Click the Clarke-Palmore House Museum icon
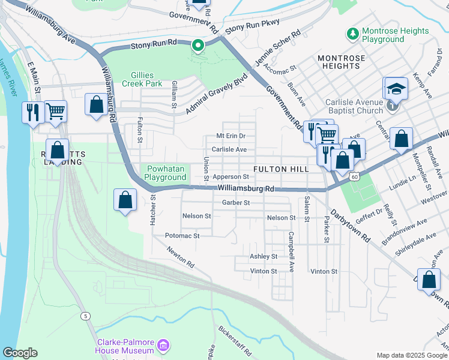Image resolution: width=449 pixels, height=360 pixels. pos(163,346)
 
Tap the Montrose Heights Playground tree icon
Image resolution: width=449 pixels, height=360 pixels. pos(354,32)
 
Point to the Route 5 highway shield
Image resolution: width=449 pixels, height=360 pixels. pos(87,316)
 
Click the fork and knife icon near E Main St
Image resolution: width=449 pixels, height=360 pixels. pos(32,112)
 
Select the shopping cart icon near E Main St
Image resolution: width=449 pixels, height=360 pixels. pos(55,110)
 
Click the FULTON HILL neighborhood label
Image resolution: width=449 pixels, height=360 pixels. pos(281,169)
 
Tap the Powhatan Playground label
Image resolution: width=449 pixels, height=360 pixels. pos(166,173)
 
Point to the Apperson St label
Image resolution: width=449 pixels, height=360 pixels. pos(231,177)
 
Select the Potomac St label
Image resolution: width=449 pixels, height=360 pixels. pos(182,236)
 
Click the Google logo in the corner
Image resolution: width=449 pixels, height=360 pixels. pos(20,353)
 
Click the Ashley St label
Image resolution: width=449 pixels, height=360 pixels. pos(264,256)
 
